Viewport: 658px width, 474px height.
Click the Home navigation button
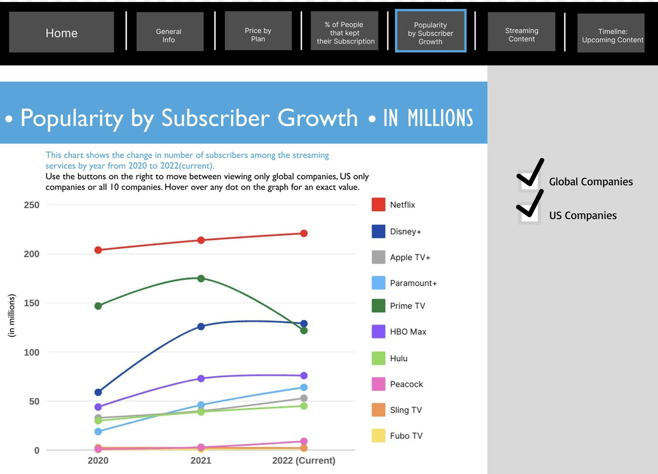61,32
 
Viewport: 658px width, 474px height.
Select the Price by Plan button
258,31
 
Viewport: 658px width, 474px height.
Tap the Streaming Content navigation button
521,32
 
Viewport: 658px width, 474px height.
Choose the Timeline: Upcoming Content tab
611,33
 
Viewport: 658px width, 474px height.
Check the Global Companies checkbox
529,181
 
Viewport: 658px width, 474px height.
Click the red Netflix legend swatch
378,204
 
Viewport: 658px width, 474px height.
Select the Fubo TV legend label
406,436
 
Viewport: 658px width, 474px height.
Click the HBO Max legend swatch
378,331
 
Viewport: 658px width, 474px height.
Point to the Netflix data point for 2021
201,240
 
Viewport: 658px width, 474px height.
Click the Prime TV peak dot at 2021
201,279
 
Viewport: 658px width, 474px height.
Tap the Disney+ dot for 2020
98,392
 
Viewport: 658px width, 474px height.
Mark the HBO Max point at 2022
304,376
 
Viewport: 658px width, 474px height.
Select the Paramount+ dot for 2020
98,431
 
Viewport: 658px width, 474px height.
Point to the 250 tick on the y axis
32,205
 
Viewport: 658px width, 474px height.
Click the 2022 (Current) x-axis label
304,460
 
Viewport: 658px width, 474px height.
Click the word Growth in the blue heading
318,118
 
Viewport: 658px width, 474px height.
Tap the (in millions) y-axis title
12,316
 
